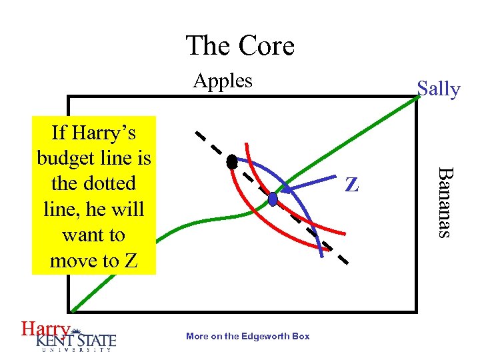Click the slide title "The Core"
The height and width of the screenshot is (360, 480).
click(240, 46)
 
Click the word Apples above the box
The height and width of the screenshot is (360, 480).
click(223, 81)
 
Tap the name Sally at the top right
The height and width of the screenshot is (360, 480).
click(438, 89)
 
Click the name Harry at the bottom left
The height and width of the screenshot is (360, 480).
click(45, 329)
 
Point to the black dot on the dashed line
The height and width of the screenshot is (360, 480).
click(232, 161)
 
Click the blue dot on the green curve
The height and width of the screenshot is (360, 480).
click(273, 199)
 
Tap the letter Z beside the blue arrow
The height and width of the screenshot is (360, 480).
click(351, 185)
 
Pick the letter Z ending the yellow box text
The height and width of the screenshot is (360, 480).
click(131, 261)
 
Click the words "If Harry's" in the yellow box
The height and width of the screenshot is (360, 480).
click(93, 133)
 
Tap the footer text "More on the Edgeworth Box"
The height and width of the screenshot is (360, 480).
click(248, 336)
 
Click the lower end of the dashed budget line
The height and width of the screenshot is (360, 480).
click(345, 263)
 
